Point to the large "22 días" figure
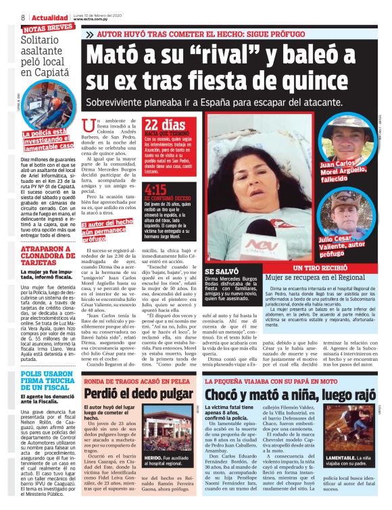point(165,125)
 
